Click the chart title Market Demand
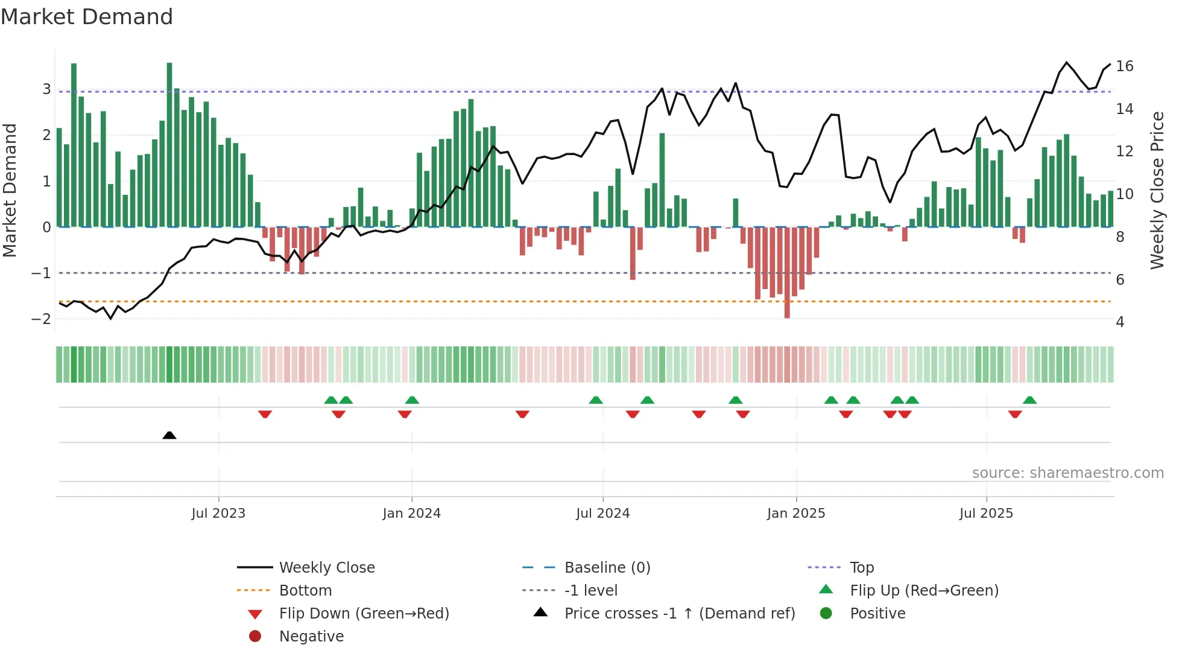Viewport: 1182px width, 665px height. (87, 17)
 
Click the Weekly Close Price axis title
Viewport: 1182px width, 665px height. (1157, 190)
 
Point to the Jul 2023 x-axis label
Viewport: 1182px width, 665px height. (218, 514)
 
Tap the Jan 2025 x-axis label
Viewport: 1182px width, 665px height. (795, 514)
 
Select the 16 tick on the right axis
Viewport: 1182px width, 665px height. (1124, 66)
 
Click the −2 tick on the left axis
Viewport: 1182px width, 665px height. (41, 319)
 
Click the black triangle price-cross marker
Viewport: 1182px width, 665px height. (169, 435)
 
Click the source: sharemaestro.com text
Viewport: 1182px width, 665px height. (1067, 473)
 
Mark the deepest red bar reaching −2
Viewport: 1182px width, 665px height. (787, 273)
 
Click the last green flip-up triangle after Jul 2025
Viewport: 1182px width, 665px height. (1029, 400)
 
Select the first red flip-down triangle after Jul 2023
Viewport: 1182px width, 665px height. (265, 414)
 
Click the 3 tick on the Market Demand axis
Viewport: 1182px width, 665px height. (46, 89)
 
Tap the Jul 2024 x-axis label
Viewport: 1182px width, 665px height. (602, 514)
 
